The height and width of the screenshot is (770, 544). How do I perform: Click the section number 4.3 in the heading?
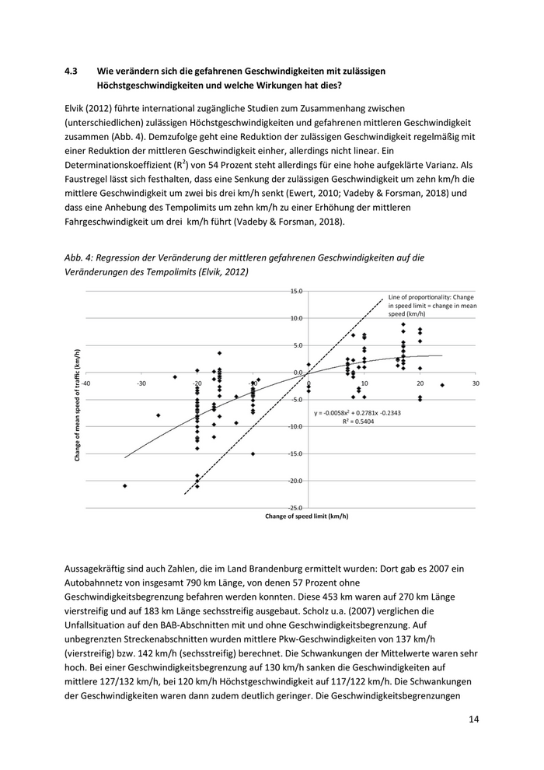pyautogui.click(x=71, y=70)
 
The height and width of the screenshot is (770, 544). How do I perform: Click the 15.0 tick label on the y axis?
pyautogui.click(x=296, y=291)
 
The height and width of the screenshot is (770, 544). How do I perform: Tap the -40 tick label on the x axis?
pyautogui.click(x=85, y=383)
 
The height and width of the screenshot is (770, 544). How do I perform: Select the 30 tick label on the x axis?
pyautogui.click(x=475, y=383)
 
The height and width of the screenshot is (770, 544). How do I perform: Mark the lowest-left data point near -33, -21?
pyautogui.click(x=125, y=485)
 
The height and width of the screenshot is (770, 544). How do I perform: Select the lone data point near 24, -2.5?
pyautogui.click(x=442, y=385)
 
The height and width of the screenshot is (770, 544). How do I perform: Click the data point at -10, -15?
pyautogui.click(x=253, y=453)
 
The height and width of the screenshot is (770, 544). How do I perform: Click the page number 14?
pyautogui.click(x=474, y=719)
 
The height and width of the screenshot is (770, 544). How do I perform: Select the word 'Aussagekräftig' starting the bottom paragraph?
pyautogui.click(x=96, y=570)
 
